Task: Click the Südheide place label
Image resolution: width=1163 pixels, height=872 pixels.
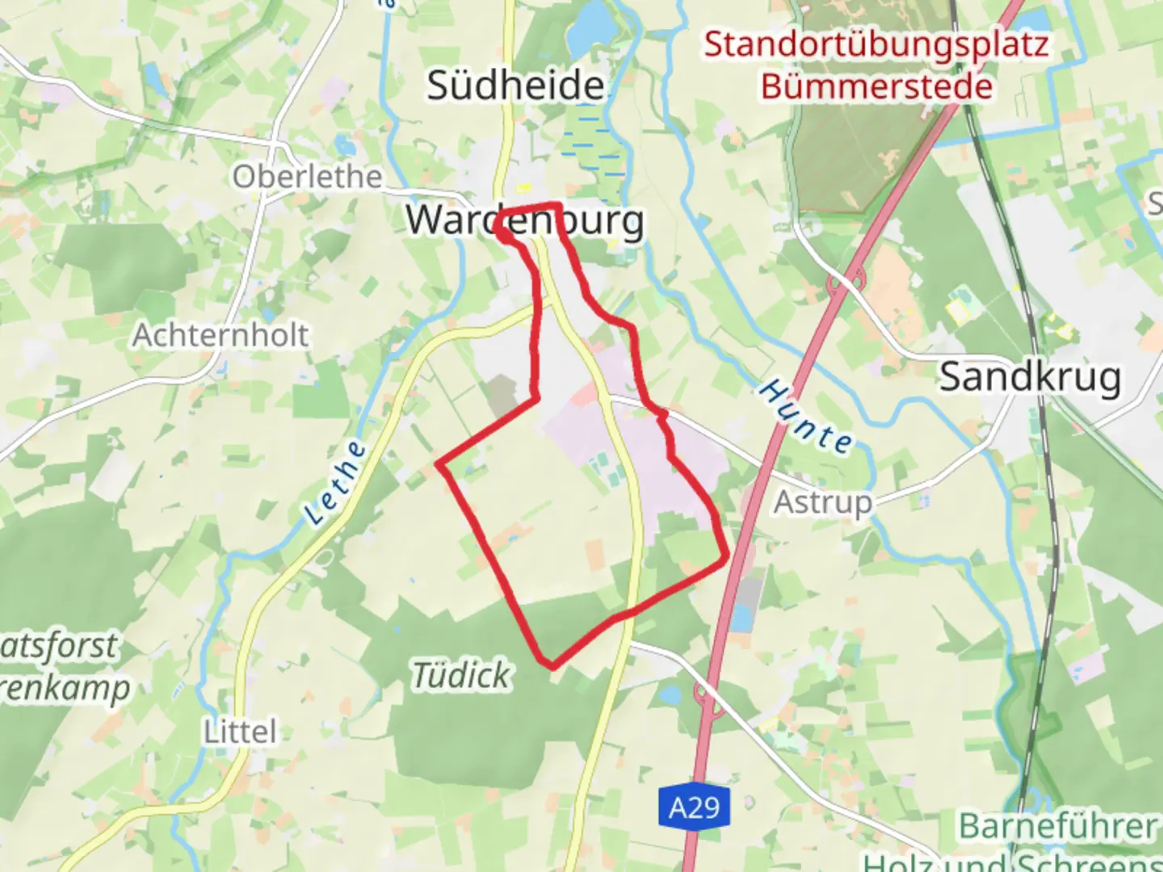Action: [x=515, y=86]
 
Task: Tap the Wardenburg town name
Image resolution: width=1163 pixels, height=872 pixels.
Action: [x=525, y=220]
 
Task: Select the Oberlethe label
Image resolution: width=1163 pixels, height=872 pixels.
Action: [x=307, y=177]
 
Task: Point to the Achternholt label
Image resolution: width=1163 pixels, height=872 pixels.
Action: [x=220, y=335]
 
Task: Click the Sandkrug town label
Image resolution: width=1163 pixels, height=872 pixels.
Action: [x=1030, y=377]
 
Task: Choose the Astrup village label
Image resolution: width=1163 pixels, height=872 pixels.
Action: [x=823, y=502]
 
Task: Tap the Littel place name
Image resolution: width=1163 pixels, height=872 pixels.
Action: [x=239, y=732]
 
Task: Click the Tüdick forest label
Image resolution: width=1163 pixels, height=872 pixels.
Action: [x=461, y=675]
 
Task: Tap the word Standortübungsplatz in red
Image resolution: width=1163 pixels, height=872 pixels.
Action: [x=876, y=44]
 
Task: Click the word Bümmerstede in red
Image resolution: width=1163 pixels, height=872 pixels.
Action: [x=876, y=86]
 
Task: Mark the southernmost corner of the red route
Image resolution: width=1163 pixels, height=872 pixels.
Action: [x=552, y=667]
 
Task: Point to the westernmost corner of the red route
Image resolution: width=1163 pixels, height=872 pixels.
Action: [x=439, y=464]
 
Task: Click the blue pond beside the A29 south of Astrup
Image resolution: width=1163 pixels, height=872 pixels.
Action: [x=740, y=618]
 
